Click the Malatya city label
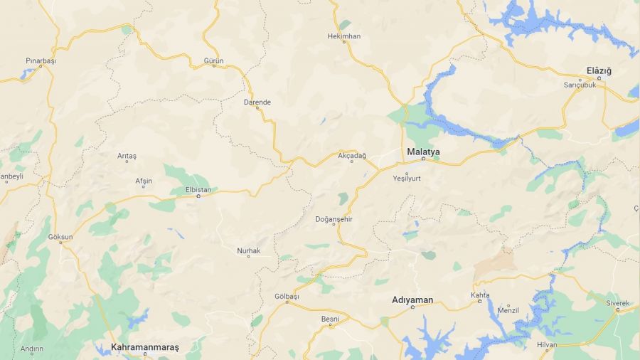click(423, 152)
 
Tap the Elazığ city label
click(599, 70)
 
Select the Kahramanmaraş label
click(145, 347)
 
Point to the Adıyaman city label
click(412, 300)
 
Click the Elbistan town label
click(198, 189)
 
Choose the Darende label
click(257, 102)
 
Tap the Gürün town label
click(213, 61)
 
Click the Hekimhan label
click(344, 36)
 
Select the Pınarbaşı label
click(41, 61)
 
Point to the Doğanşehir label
click(334, 219)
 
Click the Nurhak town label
click(249, 250)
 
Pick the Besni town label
click(331, 318)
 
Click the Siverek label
click(618, 303)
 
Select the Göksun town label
click(60, 236)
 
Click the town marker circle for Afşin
click(144, 188)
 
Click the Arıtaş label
click(127, 155)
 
